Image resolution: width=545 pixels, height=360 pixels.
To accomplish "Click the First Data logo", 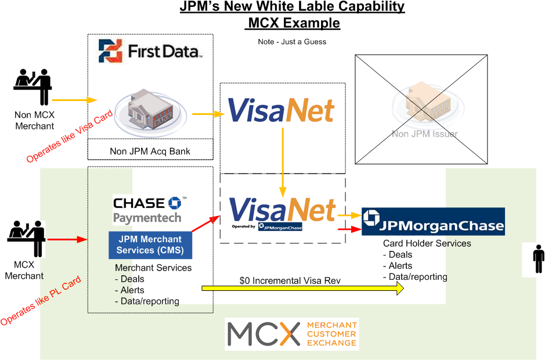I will (150, 51).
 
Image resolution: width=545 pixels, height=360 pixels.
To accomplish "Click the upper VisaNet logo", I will (281, 110).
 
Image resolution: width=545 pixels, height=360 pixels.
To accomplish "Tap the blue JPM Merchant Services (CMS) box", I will (150, 245).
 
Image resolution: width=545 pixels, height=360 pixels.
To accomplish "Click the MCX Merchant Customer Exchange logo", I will (292, 334).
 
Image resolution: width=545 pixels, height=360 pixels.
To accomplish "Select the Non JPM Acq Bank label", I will (150, 152).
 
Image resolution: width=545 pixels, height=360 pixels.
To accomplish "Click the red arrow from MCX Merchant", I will (67, 239).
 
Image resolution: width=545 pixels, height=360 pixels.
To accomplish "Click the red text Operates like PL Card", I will (41, 301).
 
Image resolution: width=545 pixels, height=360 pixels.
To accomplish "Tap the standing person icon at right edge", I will (538, 259).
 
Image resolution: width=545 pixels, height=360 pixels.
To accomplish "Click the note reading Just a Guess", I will (292, 42).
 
